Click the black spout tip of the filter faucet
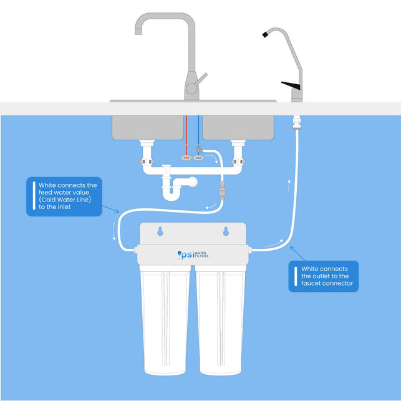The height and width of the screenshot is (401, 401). point(265,34)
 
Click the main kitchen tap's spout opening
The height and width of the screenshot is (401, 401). point(138,32)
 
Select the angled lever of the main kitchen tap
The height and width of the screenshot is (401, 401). point(201,79)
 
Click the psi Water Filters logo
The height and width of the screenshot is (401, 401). point(193,254)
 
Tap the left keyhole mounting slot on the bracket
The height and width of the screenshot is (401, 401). point(160,231)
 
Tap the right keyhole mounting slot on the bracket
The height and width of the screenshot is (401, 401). point(226,231)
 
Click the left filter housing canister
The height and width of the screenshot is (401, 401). point(165,320)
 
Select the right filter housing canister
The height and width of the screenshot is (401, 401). point(220,320)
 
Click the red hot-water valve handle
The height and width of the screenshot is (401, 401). point(186,158)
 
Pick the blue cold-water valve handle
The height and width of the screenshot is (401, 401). point(198,158)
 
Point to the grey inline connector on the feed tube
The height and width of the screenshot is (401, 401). point(222,191)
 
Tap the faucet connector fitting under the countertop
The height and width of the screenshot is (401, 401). point(297,122)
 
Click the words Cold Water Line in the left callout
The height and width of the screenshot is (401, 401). point(65,200)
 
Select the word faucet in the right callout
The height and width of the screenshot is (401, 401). point(311,283)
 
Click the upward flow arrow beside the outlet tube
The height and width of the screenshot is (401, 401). point(289,185)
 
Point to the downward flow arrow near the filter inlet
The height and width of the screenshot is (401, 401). point(114,231)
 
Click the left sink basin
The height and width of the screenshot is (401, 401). point(148,127)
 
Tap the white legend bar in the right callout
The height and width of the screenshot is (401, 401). point(296,276)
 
